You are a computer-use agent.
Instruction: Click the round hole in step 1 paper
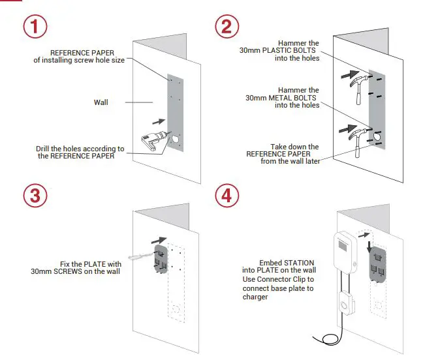tap(176, 138)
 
